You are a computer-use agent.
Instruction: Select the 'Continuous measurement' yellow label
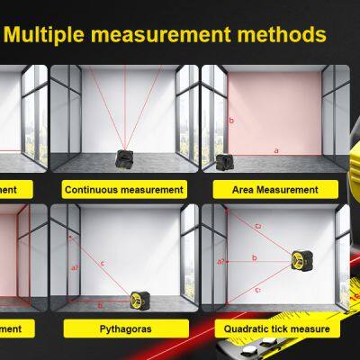(x=124, y=190)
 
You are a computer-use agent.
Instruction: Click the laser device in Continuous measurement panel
(x=123, y=159)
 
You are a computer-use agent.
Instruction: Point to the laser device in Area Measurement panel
(x=225, y=162)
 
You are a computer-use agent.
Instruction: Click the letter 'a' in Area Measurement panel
(x=276, y=150)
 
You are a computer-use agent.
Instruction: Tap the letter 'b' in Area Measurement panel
(x=232, y=119)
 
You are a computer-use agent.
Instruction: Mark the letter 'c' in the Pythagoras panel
(x=103, y=264)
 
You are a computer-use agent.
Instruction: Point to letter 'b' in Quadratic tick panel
(x=255, y=257)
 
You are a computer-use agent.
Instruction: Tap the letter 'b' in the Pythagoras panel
(x=99, y=304)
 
